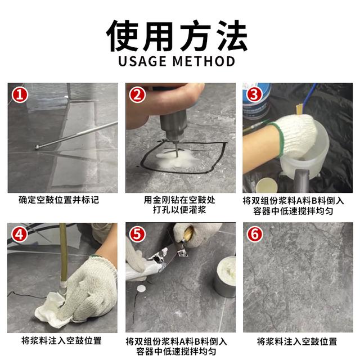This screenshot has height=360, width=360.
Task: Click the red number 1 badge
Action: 20,94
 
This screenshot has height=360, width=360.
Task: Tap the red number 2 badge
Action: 137,94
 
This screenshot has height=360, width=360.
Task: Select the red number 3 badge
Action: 254,94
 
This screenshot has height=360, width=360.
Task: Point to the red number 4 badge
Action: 20,234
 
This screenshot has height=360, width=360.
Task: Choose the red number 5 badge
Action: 137,234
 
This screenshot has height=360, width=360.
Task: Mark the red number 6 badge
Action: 254,234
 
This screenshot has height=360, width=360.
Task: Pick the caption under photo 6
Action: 297,341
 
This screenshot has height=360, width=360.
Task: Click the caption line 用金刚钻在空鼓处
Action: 179,200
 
